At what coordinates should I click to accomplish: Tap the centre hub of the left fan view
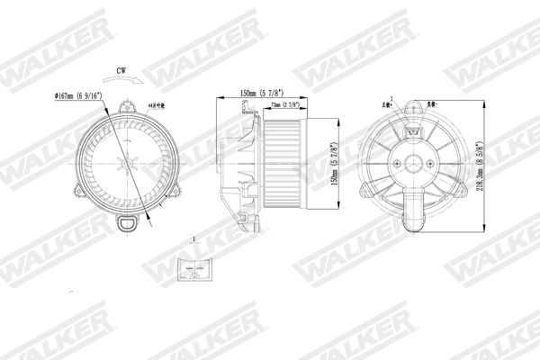coord(127,166)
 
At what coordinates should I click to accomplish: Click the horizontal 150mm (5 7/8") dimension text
coord(263,93)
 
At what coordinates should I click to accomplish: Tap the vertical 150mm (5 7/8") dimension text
coord(335,162)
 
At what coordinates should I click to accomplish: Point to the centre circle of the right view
coord(415,166)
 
